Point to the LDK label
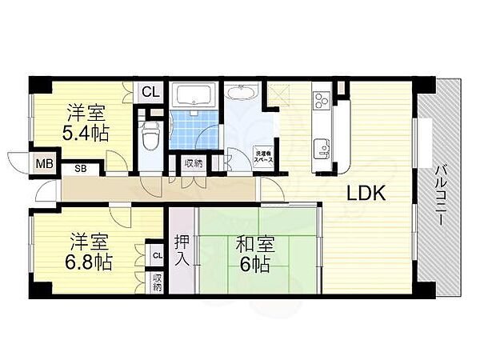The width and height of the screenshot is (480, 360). (366, 193)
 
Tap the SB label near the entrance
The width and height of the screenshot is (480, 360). (81, 169)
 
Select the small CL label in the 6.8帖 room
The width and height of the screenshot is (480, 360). (158, 256)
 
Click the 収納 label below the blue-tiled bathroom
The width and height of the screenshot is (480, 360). (194, 163)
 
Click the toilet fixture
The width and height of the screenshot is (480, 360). (148, 138)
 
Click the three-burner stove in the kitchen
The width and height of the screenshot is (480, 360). (321, 101)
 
